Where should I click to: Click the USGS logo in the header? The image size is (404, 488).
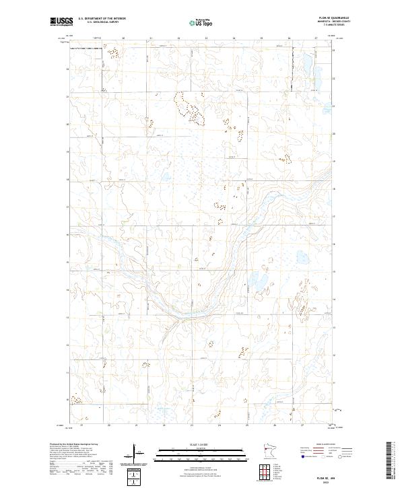click(62, 22)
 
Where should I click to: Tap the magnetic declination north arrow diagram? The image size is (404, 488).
click(135, 452)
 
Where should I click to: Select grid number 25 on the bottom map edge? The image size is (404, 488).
click(247, 425)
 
